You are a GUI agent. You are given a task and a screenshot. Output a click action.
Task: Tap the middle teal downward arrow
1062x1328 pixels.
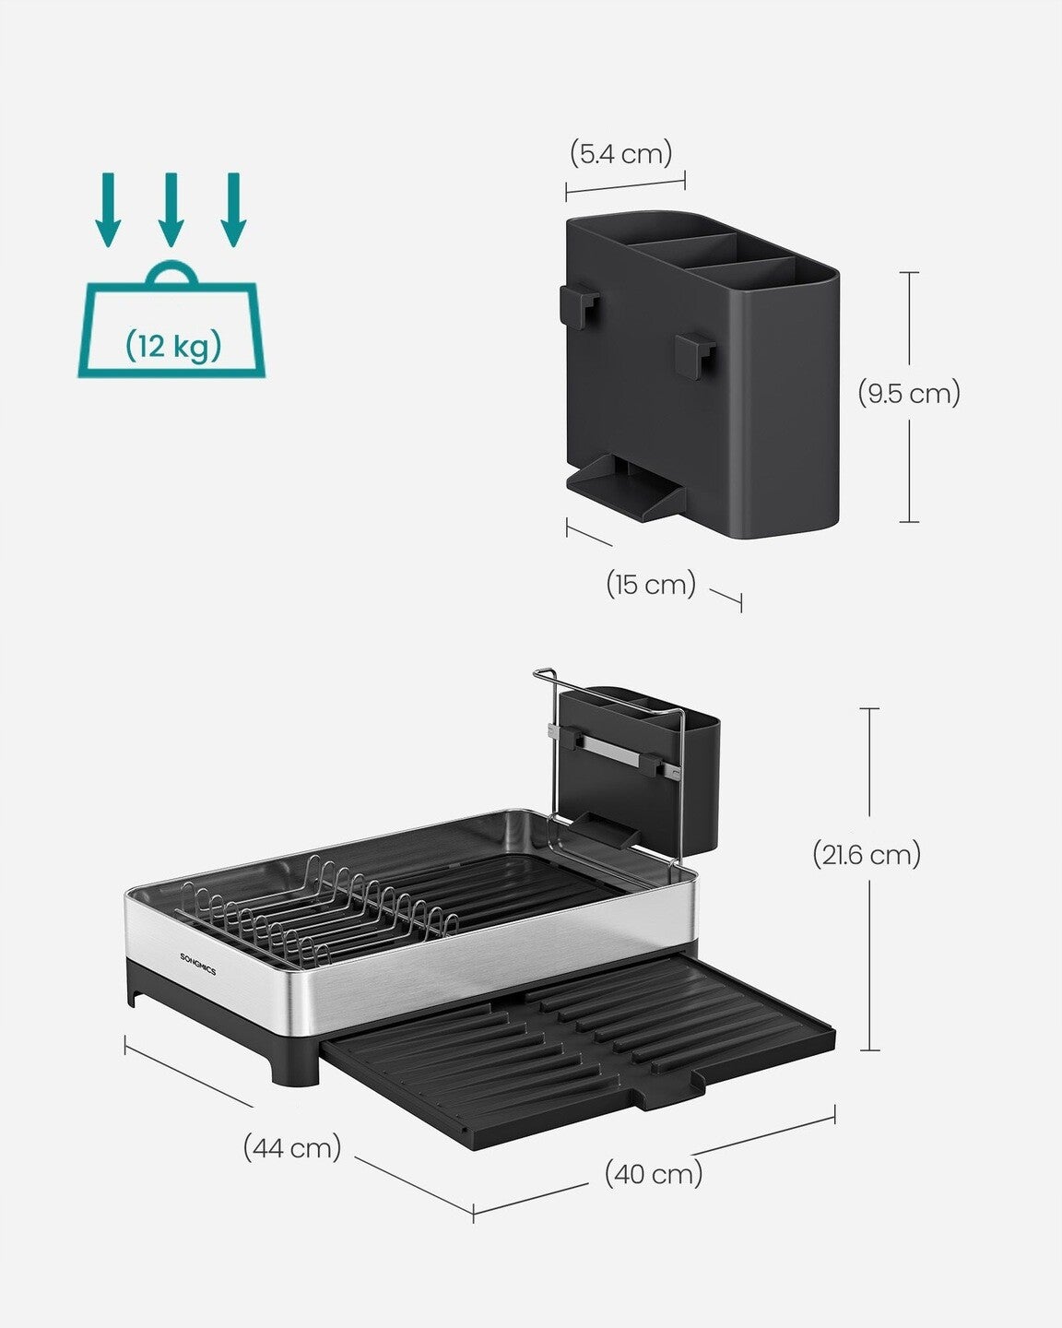coord(171,208)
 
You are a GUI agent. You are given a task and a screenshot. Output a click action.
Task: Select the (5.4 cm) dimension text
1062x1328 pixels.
coord(620,152)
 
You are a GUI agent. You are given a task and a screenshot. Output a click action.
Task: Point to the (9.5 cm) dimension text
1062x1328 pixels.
coord(909,394)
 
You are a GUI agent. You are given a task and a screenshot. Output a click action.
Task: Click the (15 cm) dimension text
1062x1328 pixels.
coord(651,584)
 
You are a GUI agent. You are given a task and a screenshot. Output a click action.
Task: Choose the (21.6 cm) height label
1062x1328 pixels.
coord(867,855)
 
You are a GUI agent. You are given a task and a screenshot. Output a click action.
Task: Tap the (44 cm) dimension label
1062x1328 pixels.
coord(292,1148)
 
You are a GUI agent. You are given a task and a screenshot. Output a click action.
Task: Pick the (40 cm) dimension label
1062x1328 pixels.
coord(654,1174)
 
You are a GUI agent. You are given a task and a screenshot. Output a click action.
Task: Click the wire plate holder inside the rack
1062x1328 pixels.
coord(323,908)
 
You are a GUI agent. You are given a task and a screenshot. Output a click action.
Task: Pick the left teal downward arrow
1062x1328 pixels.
coord(109,208)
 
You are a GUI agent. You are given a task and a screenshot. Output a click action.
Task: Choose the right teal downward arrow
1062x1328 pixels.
coord(233,208)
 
